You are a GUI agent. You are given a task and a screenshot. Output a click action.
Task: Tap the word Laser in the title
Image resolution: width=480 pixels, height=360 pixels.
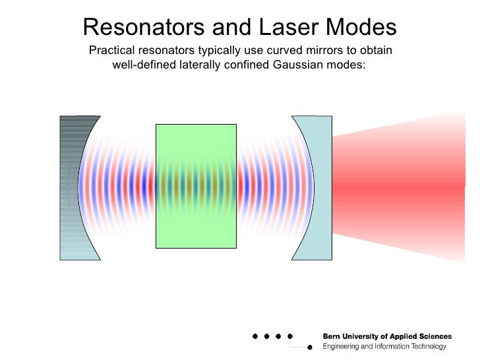[287, 27]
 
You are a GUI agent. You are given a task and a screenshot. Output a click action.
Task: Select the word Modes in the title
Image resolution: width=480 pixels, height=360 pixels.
[360, 27]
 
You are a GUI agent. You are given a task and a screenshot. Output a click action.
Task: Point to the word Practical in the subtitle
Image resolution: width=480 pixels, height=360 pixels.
[111, 51]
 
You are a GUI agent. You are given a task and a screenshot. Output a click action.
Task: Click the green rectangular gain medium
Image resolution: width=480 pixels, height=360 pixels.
[196, 186]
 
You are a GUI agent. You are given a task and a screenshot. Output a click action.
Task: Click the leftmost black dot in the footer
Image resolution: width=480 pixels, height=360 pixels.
[255, 336]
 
